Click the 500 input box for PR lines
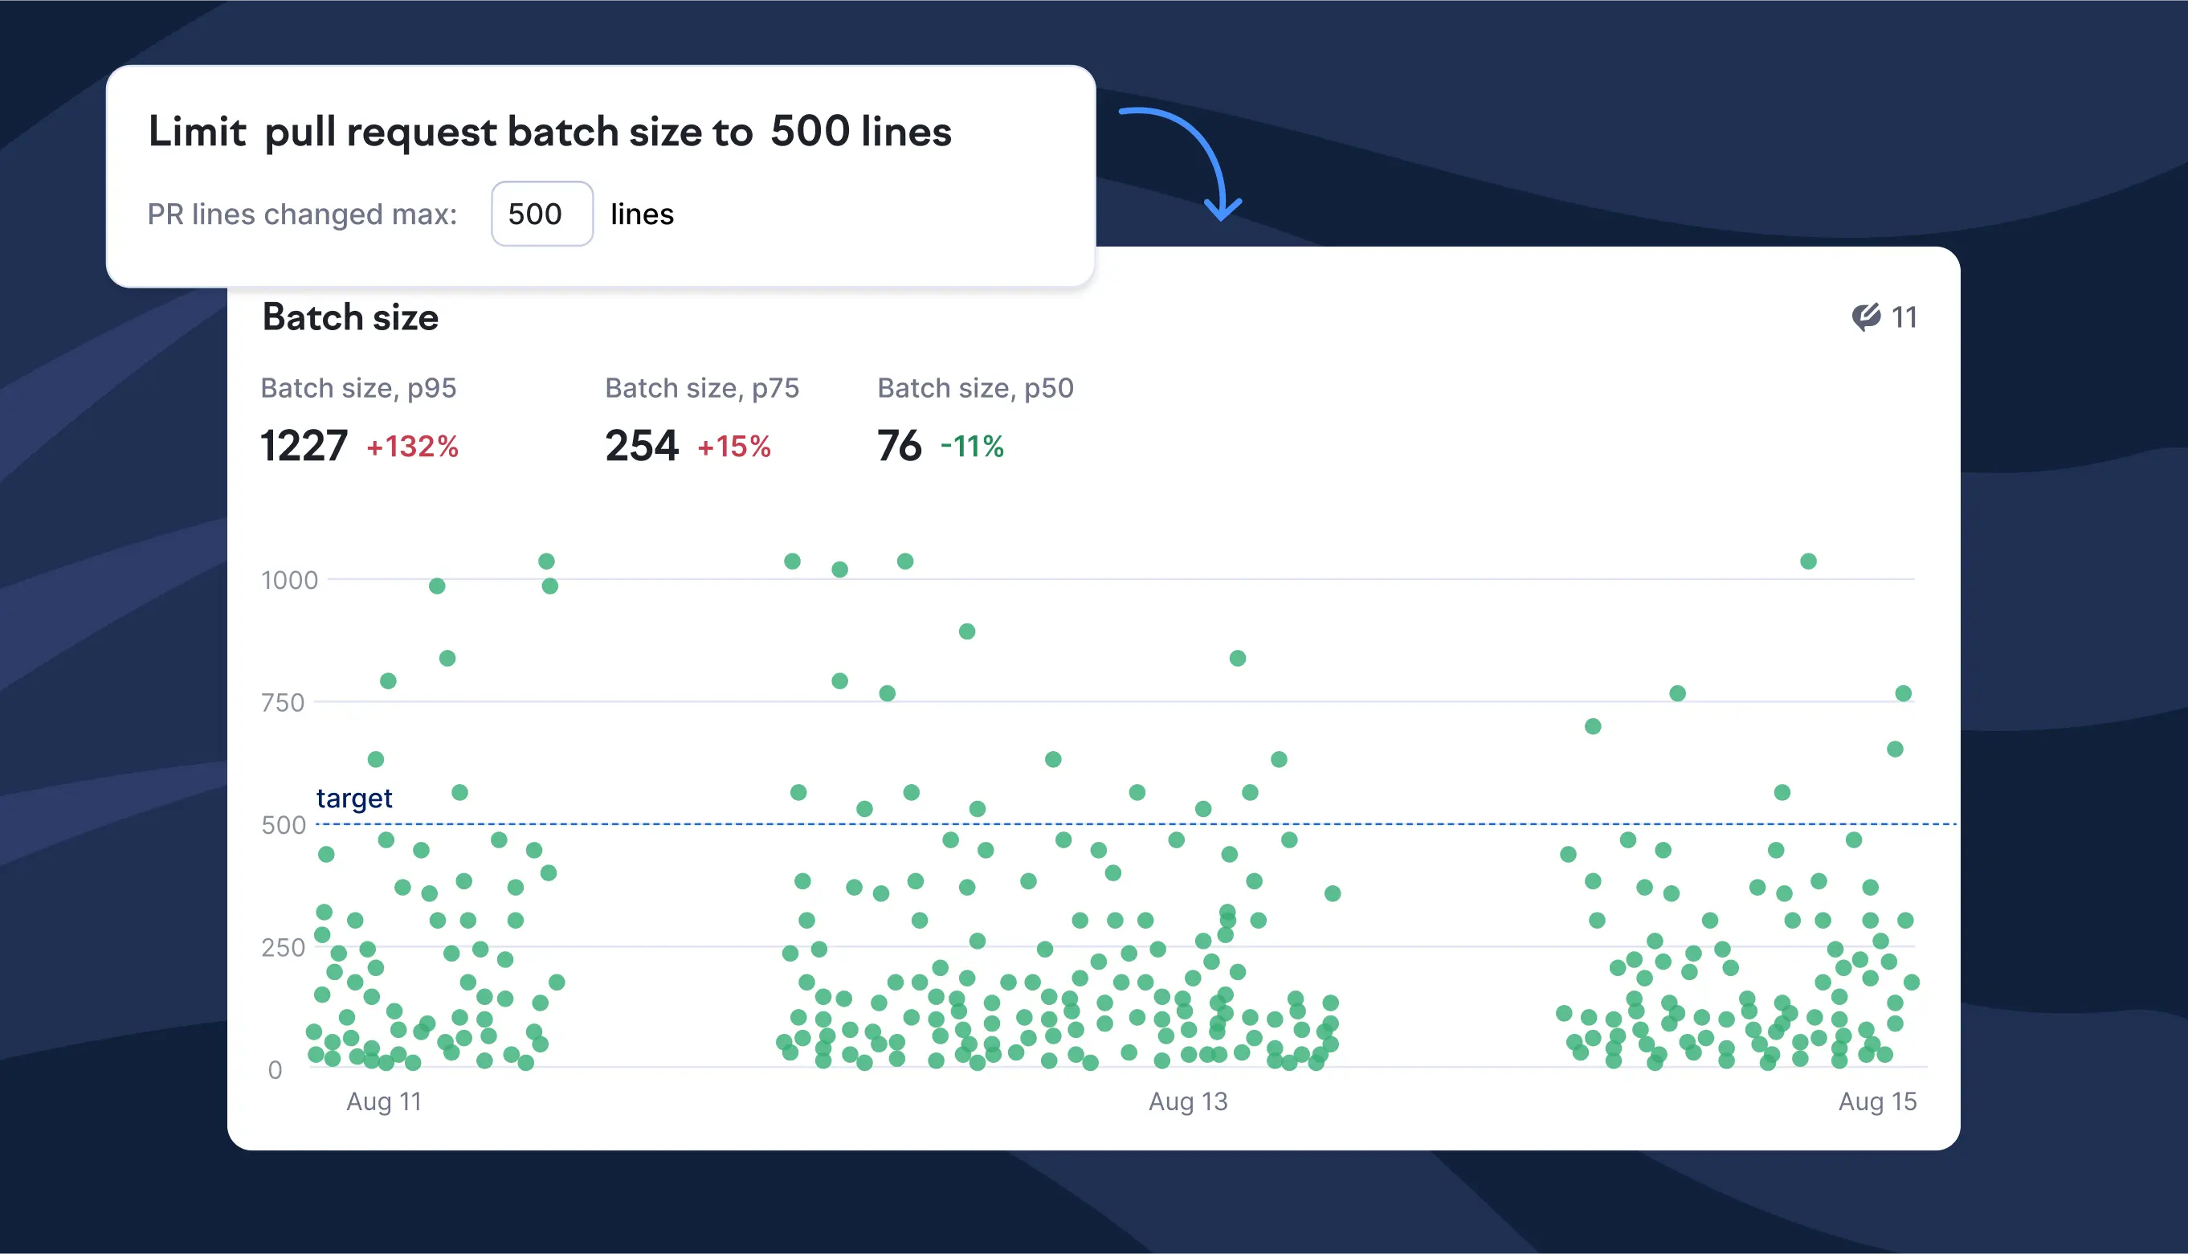pos(541,214)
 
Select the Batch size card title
pos(349,317)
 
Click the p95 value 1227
pos(303,446)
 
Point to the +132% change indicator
pos(412,447)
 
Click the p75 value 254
pos(642,446)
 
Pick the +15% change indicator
pos(733,447)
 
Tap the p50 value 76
pos(898,446)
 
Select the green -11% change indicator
pos(972,447)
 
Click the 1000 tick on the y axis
pos(289,581)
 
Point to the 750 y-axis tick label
pos(283,703)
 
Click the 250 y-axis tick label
pos(283,947)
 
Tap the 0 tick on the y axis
pos(275,1070)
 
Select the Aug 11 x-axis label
pos(384,1101)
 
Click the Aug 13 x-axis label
pos(1187,1101)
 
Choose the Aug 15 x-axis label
pos(1877,1101)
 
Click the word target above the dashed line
pos(354,799)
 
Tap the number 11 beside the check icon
pos(1903,318)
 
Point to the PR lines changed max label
pos(302,214)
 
